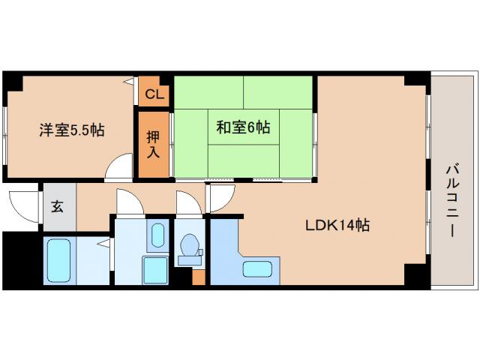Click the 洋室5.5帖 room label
pos(72,130)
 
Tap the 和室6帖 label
pos(243,127)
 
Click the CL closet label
pos(154,94)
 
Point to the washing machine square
pos(156,268)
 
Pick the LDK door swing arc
pos(219,197)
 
